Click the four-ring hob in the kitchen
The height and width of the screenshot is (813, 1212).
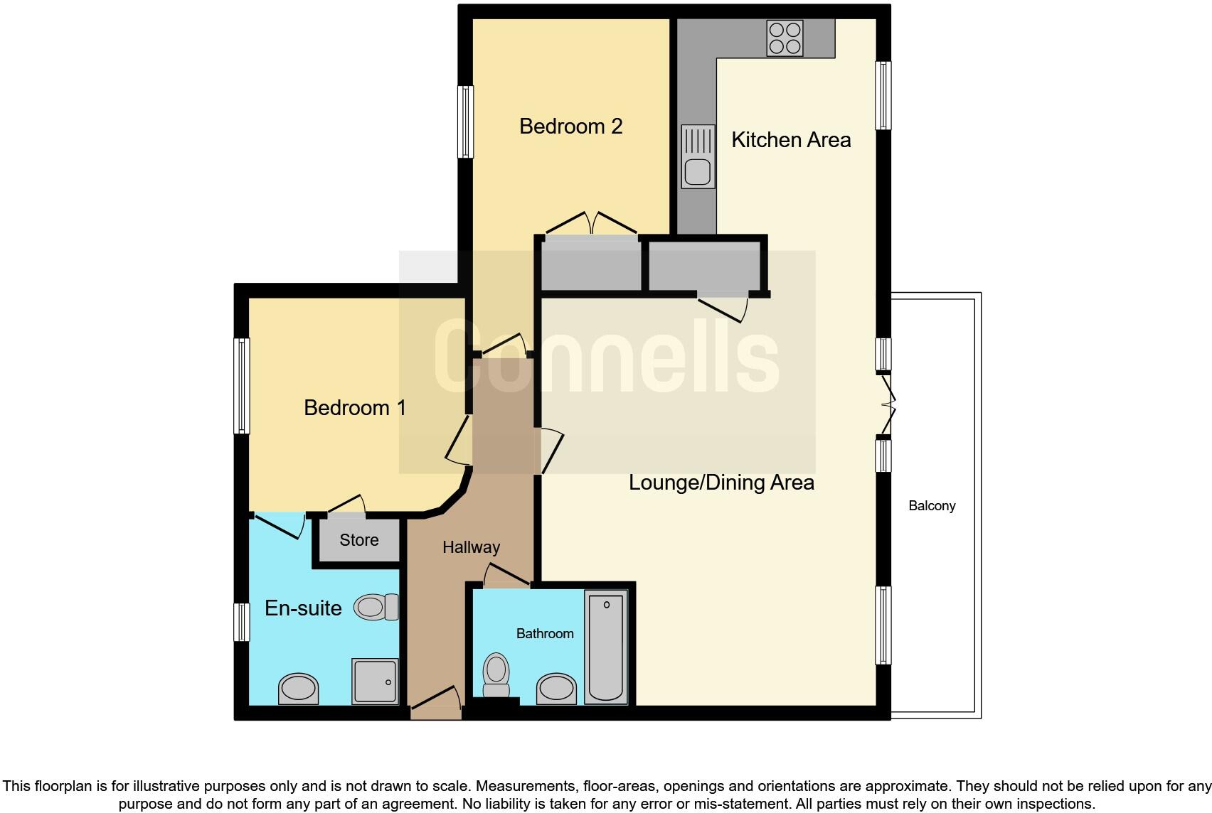tap(785, 38)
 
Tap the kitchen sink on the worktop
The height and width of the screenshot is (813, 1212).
tap(698, 157)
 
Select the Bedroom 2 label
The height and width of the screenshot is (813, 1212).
tap(570, 126)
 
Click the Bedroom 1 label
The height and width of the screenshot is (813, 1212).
tap(354, 408)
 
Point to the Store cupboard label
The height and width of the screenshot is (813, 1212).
tap(358, 540)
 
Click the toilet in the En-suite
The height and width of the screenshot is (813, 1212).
tap(377, 608)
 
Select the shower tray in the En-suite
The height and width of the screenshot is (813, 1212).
tap(375, 681)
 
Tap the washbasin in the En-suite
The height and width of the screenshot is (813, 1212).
tap(298, 688)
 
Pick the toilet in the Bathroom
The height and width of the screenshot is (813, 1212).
tap(496, 675)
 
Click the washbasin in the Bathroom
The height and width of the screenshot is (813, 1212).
tap(556, 688)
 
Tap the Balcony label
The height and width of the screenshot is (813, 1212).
tap(931, 506)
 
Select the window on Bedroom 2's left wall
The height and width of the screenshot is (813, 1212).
tap(465, 122)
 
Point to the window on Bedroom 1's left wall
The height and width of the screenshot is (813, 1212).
tap(242, 385)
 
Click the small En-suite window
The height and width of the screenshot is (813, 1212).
tap(242, 621)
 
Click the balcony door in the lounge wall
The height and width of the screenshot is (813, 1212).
tap(886, 405)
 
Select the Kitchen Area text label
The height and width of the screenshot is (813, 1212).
tap(791, 140)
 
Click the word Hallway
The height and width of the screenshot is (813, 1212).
tap(471, 547)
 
